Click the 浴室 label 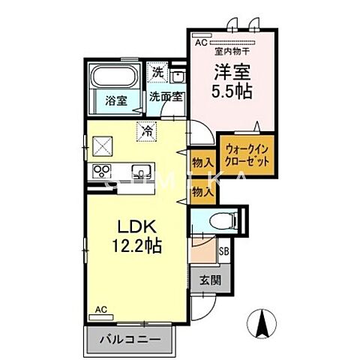click(115, 97)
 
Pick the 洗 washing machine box click(157, 73)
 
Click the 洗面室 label click(164, 96)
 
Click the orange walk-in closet click(242, 154)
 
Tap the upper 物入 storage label click(202, 163)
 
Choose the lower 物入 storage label click(202, 192)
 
